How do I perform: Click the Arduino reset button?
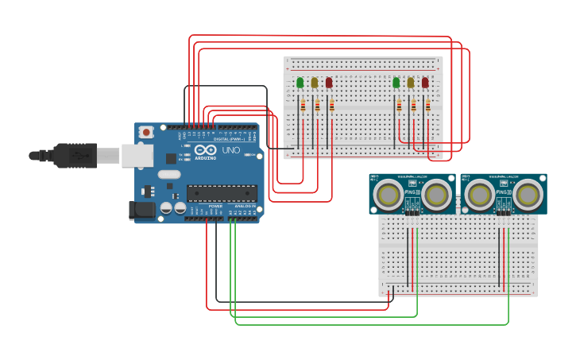(146, 133)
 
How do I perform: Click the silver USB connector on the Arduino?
(137, 155)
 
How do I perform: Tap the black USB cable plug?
(75, 155)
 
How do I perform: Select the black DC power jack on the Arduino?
(141, 210)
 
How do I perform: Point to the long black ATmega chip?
(222, 193)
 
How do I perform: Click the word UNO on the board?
(230, 150)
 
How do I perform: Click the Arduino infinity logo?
(205, 150)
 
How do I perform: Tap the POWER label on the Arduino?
(215, 207)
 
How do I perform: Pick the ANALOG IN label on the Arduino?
(243, 207)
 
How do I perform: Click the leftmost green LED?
(300, 82)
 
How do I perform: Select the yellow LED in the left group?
(314, 82)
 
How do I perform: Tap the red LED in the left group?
(329, 82)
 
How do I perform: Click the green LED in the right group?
(396, 82)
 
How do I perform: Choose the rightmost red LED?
(425, 82)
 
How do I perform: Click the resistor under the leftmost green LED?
(302, 105)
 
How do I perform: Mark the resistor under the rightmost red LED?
(427, 105)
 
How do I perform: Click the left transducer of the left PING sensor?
(389, 193)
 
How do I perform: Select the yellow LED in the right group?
(410, 82)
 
